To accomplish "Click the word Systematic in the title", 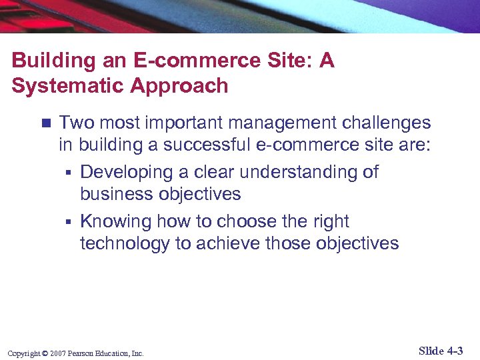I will (62, 86).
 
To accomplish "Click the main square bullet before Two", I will (45, 123).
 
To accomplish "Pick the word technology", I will (125, 244).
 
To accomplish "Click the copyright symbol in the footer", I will (44, 353).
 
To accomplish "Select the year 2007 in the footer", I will (57, 353).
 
